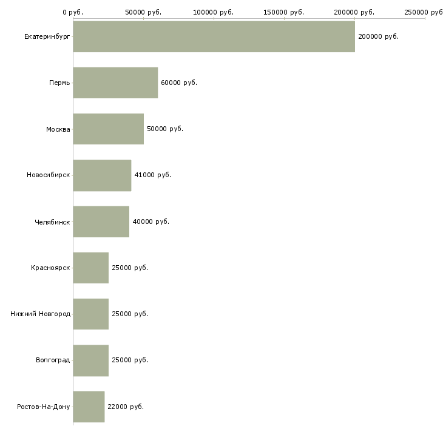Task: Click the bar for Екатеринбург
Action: point(214,36)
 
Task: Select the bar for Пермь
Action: point(115,83)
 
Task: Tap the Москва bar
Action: point(108,129)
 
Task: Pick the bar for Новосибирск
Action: point(102,175)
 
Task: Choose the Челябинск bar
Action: point(101,221)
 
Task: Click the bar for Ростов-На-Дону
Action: point(89,407)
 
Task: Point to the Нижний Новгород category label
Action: point(40,314)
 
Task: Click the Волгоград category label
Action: point(53,360)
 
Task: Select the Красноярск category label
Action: point(50,268)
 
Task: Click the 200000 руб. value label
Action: point(378,36)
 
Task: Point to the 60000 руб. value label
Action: point(179,83)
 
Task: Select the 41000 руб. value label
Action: point(152,175)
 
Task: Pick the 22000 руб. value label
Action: point(126,407)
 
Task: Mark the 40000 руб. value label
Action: point(150,221)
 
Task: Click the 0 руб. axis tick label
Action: point(73,12)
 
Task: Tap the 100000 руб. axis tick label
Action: point(214,12)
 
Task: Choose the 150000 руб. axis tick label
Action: point(284,12)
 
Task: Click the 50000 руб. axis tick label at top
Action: point(143,12)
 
